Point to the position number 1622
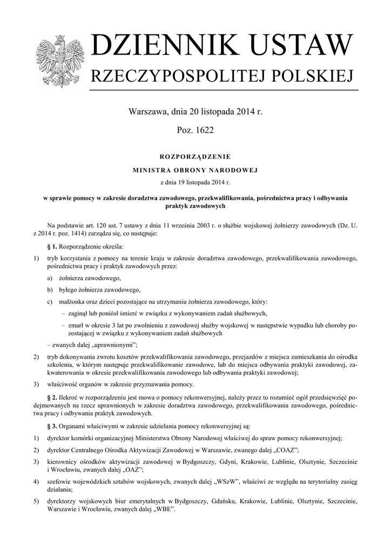point(203,131)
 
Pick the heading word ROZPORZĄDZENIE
point(195,157)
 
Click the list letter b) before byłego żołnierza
point(50,289)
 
